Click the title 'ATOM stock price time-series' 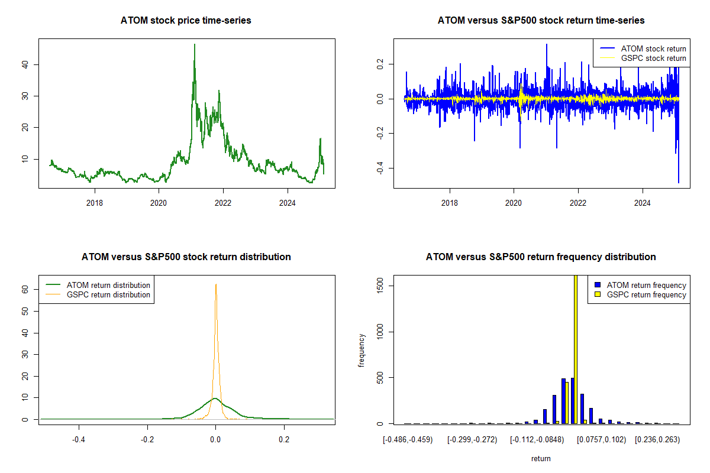[x=186, y=21]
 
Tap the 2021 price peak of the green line [x=194, y=45]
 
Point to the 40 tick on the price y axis [x=24, y=64]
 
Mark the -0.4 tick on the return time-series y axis [x=379, y=169]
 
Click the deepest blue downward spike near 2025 [x=679, y=182]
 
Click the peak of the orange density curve [x=216, y=284]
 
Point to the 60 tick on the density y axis [x=24, y=290]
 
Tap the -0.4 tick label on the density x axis [x=79, y=440]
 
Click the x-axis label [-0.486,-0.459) [x=408, y=440]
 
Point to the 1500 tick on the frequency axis [x=379, y=286]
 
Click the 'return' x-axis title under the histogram [x=541, y=458]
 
